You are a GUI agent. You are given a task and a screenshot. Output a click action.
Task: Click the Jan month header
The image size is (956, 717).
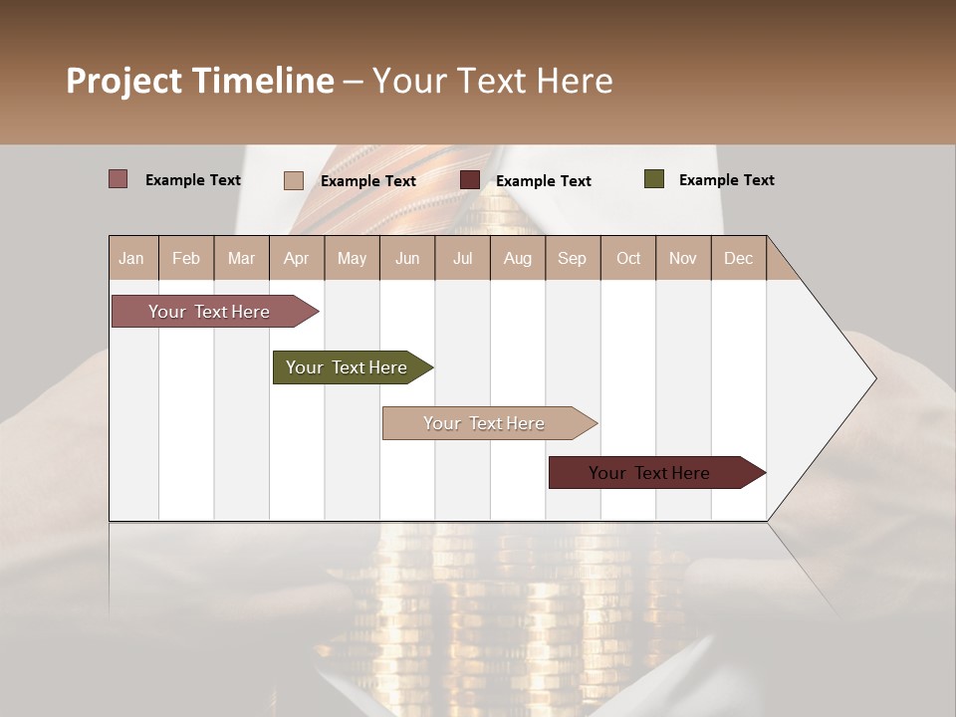coord(131,259)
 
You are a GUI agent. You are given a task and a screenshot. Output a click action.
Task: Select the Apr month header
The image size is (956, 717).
coord(296,259)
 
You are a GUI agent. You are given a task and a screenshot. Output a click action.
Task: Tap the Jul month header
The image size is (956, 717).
coord(462,259)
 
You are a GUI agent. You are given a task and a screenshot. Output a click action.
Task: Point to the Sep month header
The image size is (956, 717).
coord(572,259)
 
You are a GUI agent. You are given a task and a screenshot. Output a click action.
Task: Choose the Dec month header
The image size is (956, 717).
coord(738,259)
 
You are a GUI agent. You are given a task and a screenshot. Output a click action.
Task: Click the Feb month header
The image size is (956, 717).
coord(186,259)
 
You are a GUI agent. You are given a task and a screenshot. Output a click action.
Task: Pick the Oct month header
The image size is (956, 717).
coord(628,259)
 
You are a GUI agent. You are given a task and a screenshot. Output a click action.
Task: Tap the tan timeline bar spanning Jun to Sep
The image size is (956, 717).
coord(485,423)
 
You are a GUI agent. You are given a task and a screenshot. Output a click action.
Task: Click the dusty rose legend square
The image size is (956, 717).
coord(119,179)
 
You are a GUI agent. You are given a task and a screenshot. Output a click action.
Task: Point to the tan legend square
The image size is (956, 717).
coord(294,180)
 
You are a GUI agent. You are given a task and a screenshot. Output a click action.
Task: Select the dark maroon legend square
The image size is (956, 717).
coord(470,180)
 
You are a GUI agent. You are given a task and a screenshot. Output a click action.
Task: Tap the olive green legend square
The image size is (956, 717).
coord(654,179)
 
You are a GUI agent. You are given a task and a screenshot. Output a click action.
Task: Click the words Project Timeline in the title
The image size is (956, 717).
coord(200,81)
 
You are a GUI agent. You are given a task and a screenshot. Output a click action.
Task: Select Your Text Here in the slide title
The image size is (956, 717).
coord(493,81)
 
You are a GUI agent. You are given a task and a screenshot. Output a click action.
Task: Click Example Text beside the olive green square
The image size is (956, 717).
coord(726,180)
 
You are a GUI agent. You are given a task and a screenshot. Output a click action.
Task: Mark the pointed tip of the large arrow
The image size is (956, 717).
coord(874,378)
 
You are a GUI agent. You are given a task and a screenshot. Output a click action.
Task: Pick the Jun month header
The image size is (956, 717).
coord(407,259)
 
